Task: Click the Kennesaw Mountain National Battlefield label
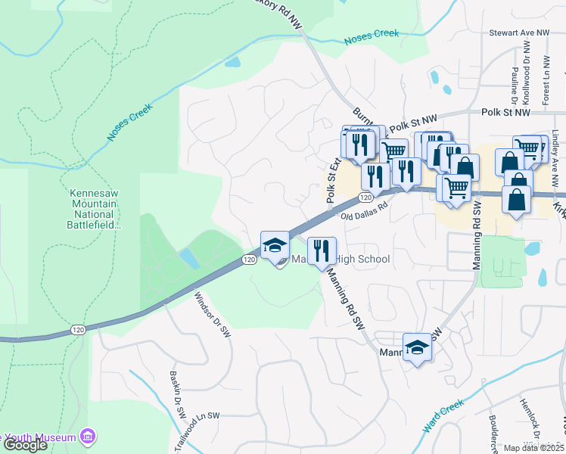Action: [x=93, y=204]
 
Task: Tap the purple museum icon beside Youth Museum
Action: [x=89, y=437]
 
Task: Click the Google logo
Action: [x=25, y=445]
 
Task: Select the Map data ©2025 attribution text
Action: [x=534, y=448]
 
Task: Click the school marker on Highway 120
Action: [x=274, y=245]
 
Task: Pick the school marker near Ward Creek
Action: [x=417, y=347]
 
